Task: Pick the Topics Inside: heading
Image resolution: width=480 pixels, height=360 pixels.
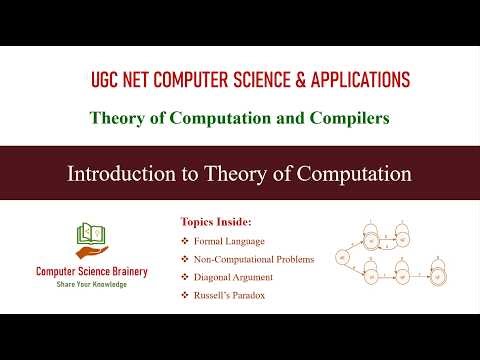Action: pos(216,221)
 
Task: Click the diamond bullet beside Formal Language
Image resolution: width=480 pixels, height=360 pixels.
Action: pos(184,241)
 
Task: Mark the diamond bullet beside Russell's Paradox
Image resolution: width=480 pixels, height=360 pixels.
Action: pos(184,295)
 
